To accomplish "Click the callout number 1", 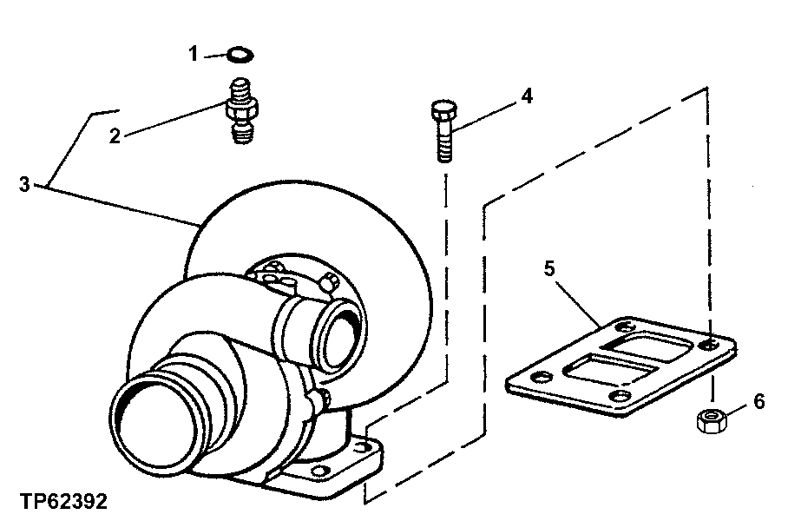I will pos(194,55).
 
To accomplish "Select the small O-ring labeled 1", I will pos(240,56).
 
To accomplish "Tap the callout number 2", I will pos(115,135).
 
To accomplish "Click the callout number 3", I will pos(25,184).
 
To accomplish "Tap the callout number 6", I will pos(758,402).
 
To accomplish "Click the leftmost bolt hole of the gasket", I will pos(543,378).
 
